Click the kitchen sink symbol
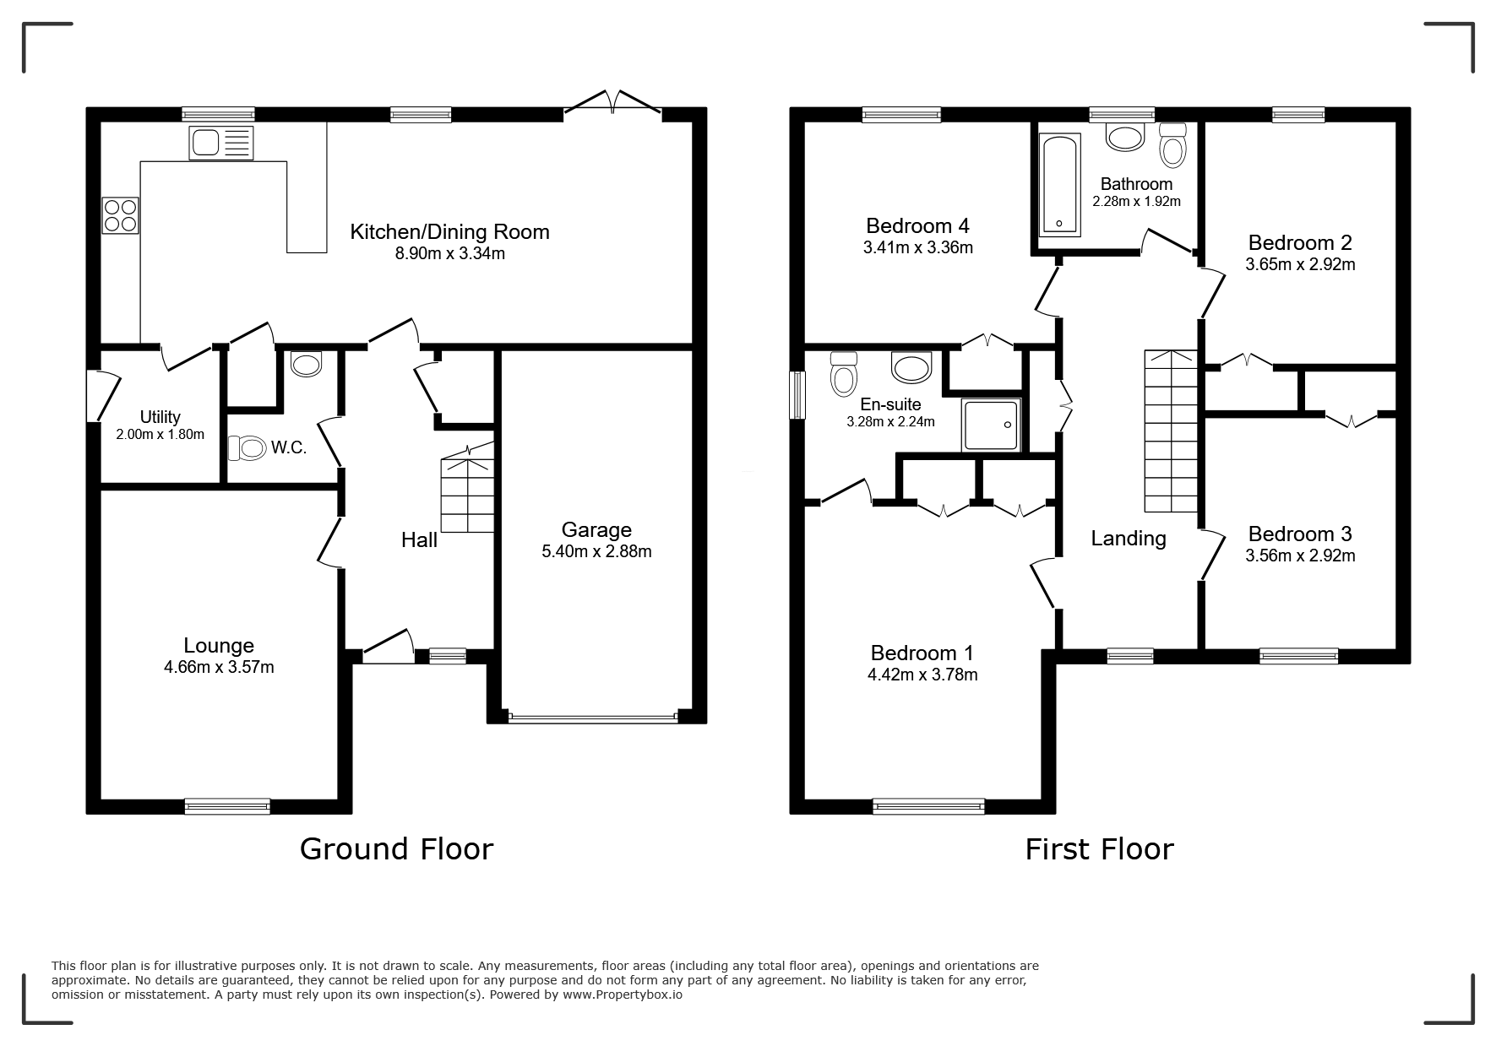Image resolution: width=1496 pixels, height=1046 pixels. tap(220, 143)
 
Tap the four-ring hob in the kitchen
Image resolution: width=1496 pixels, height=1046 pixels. tap(120, 214)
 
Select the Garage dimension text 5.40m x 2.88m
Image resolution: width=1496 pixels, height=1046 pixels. tap(596, 552)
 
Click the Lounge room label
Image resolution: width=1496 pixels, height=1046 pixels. tap(219, 646)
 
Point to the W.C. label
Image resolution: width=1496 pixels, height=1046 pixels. tap(289, 448)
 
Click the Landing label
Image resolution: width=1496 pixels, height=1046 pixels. tap(1128, 539)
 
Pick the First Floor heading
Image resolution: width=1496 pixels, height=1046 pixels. tap(1099, 849)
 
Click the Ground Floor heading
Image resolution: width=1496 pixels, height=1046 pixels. tap(396, 849)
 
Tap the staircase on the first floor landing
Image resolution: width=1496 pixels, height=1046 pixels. tap(1171, 431)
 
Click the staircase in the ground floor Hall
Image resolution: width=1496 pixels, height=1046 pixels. tap(467, 494)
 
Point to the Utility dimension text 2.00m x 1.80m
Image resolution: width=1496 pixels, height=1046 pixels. tap(160, 435)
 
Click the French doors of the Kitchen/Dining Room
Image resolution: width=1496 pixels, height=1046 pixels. tap(613, 103)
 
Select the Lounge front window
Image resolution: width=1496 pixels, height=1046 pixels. tap(227, 806)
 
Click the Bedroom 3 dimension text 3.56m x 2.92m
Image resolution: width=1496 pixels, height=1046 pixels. tap(1300, 556)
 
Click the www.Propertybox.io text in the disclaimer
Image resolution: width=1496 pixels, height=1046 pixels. tap(623, 995)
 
